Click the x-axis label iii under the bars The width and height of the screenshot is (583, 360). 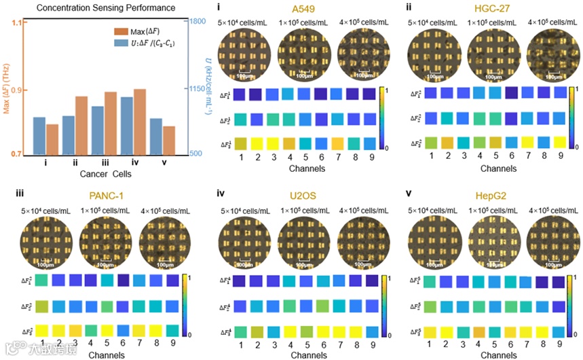(x=105, y=163)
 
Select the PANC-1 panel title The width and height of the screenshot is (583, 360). (x=102, y=196)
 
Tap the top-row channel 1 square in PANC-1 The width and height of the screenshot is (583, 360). (x=42, y=280)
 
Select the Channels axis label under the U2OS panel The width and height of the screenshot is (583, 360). (x=303, y=354)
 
